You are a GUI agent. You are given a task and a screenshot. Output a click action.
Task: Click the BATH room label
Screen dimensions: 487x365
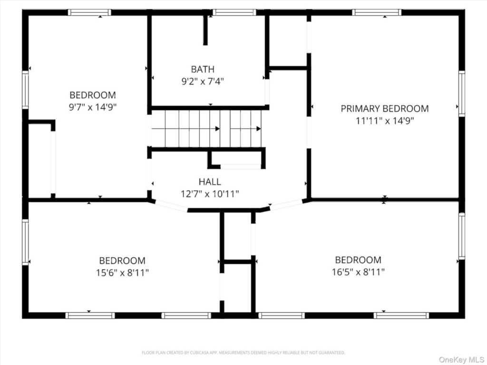point(203,69)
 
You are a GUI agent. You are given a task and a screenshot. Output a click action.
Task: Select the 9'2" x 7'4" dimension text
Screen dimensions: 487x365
point(203,81)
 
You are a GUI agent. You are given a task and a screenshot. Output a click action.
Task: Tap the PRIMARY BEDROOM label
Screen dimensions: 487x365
point(384,109)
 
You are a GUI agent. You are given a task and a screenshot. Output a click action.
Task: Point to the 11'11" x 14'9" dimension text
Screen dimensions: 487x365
point(385,120)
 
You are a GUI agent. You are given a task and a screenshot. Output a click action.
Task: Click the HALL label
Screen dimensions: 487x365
point(210,182)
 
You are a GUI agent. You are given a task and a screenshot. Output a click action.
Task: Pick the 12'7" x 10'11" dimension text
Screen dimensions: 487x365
point(210,194)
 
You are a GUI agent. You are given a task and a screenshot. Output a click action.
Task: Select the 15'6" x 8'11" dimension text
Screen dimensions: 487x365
point(122,273)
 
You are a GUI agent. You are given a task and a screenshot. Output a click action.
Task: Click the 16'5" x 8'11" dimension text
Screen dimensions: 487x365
point(358,272)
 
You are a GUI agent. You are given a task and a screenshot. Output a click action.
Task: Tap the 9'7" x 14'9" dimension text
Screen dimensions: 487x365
point(93,107)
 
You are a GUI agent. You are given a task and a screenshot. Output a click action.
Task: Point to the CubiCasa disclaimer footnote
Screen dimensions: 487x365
point(243,353)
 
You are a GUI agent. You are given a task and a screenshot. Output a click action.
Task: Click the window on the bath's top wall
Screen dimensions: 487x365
point(234,12)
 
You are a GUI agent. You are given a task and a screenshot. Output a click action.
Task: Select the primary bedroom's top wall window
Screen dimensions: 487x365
point(377,12)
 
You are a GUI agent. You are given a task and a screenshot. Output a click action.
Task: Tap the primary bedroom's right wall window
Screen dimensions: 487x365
point(462,94)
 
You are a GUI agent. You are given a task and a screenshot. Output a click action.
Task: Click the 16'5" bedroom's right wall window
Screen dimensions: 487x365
point(462,236)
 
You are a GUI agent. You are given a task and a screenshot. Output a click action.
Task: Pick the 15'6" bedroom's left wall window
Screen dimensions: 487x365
point(25,242)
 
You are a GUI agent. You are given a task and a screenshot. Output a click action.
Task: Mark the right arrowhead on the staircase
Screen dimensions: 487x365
point(258,128)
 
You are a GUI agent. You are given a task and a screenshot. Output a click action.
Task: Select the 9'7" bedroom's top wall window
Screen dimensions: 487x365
point(89,12)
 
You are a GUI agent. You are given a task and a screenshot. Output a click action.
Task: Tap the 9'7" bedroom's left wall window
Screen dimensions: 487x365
point(25,90)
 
